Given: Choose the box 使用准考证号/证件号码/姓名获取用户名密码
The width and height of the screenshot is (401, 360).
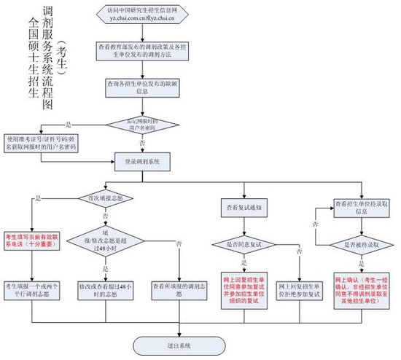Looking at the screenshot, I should tap(42, 141).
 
